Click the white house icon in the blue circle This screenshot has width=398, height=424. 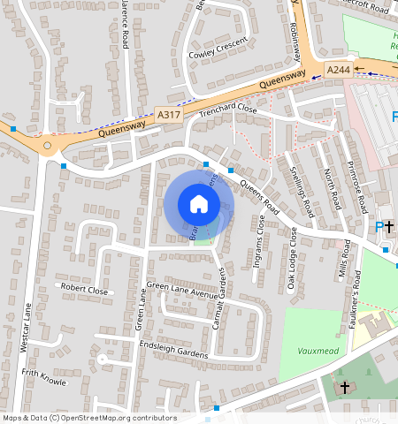click(198, 204)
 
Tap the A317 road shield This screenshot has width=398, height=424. click(168, 114)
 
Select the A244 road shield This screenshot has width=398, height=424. click(338, 69)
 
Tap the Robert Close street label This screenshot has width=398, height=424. click(84, 289)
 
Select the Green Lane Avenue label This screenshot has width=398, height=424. click(180, 286)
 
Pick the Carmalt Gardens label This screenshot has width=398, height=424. click(221, 309)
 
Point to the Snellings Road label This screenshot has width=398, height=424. click(302, 190)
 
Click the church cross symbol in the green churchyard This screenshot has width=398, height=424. click(345, 387)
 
